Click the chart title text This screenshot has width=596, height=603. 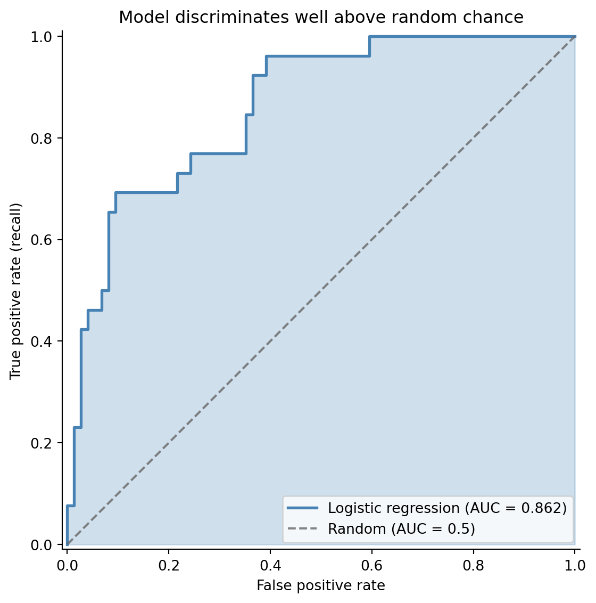pos(321,18)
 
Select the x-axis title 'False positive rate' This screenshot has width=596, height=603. pos(321,585)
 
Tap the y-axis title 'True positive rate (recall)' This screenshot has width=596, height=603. pos(16,291)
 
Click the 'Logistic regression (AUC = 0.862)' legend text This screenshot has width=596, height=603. pos(447,508)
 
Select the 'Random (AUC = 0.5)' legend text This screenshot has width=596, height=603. pos(401,529)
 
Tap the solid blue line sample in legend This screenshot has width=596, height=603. pos(303,508)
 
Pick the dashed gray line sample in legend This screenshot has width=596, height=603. pos(303,529)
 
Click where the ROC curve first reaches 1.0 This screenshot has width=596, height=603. pos(369,37)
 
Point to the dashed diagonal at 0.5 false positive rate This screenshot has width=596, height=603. pos(321,291)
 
